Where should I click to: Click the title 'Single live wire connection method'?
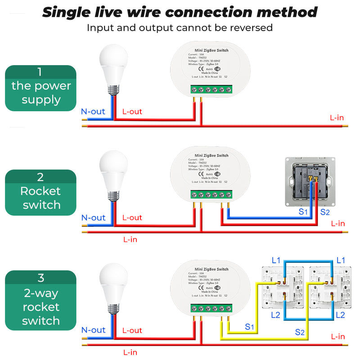point(180,12)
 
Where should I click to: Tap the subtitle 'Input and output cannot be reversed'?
point(180,28)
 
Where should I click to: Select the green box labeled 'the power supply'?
point(40,88)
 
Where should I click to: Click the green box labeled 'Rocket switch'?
point(40,193)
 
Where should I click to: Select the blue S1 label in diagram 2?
point(303,211)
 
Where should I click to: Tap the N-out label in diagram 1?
point(93,112)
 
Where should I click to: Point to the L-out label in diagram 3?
point(132,330)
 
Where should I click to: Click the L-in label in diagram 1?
point(337,118)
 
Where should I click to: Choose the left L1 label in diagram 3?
point(276,260)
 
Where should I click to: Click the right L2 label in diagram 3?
point(340,315)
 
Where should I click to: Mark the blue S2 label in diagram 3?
point(300,332)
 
